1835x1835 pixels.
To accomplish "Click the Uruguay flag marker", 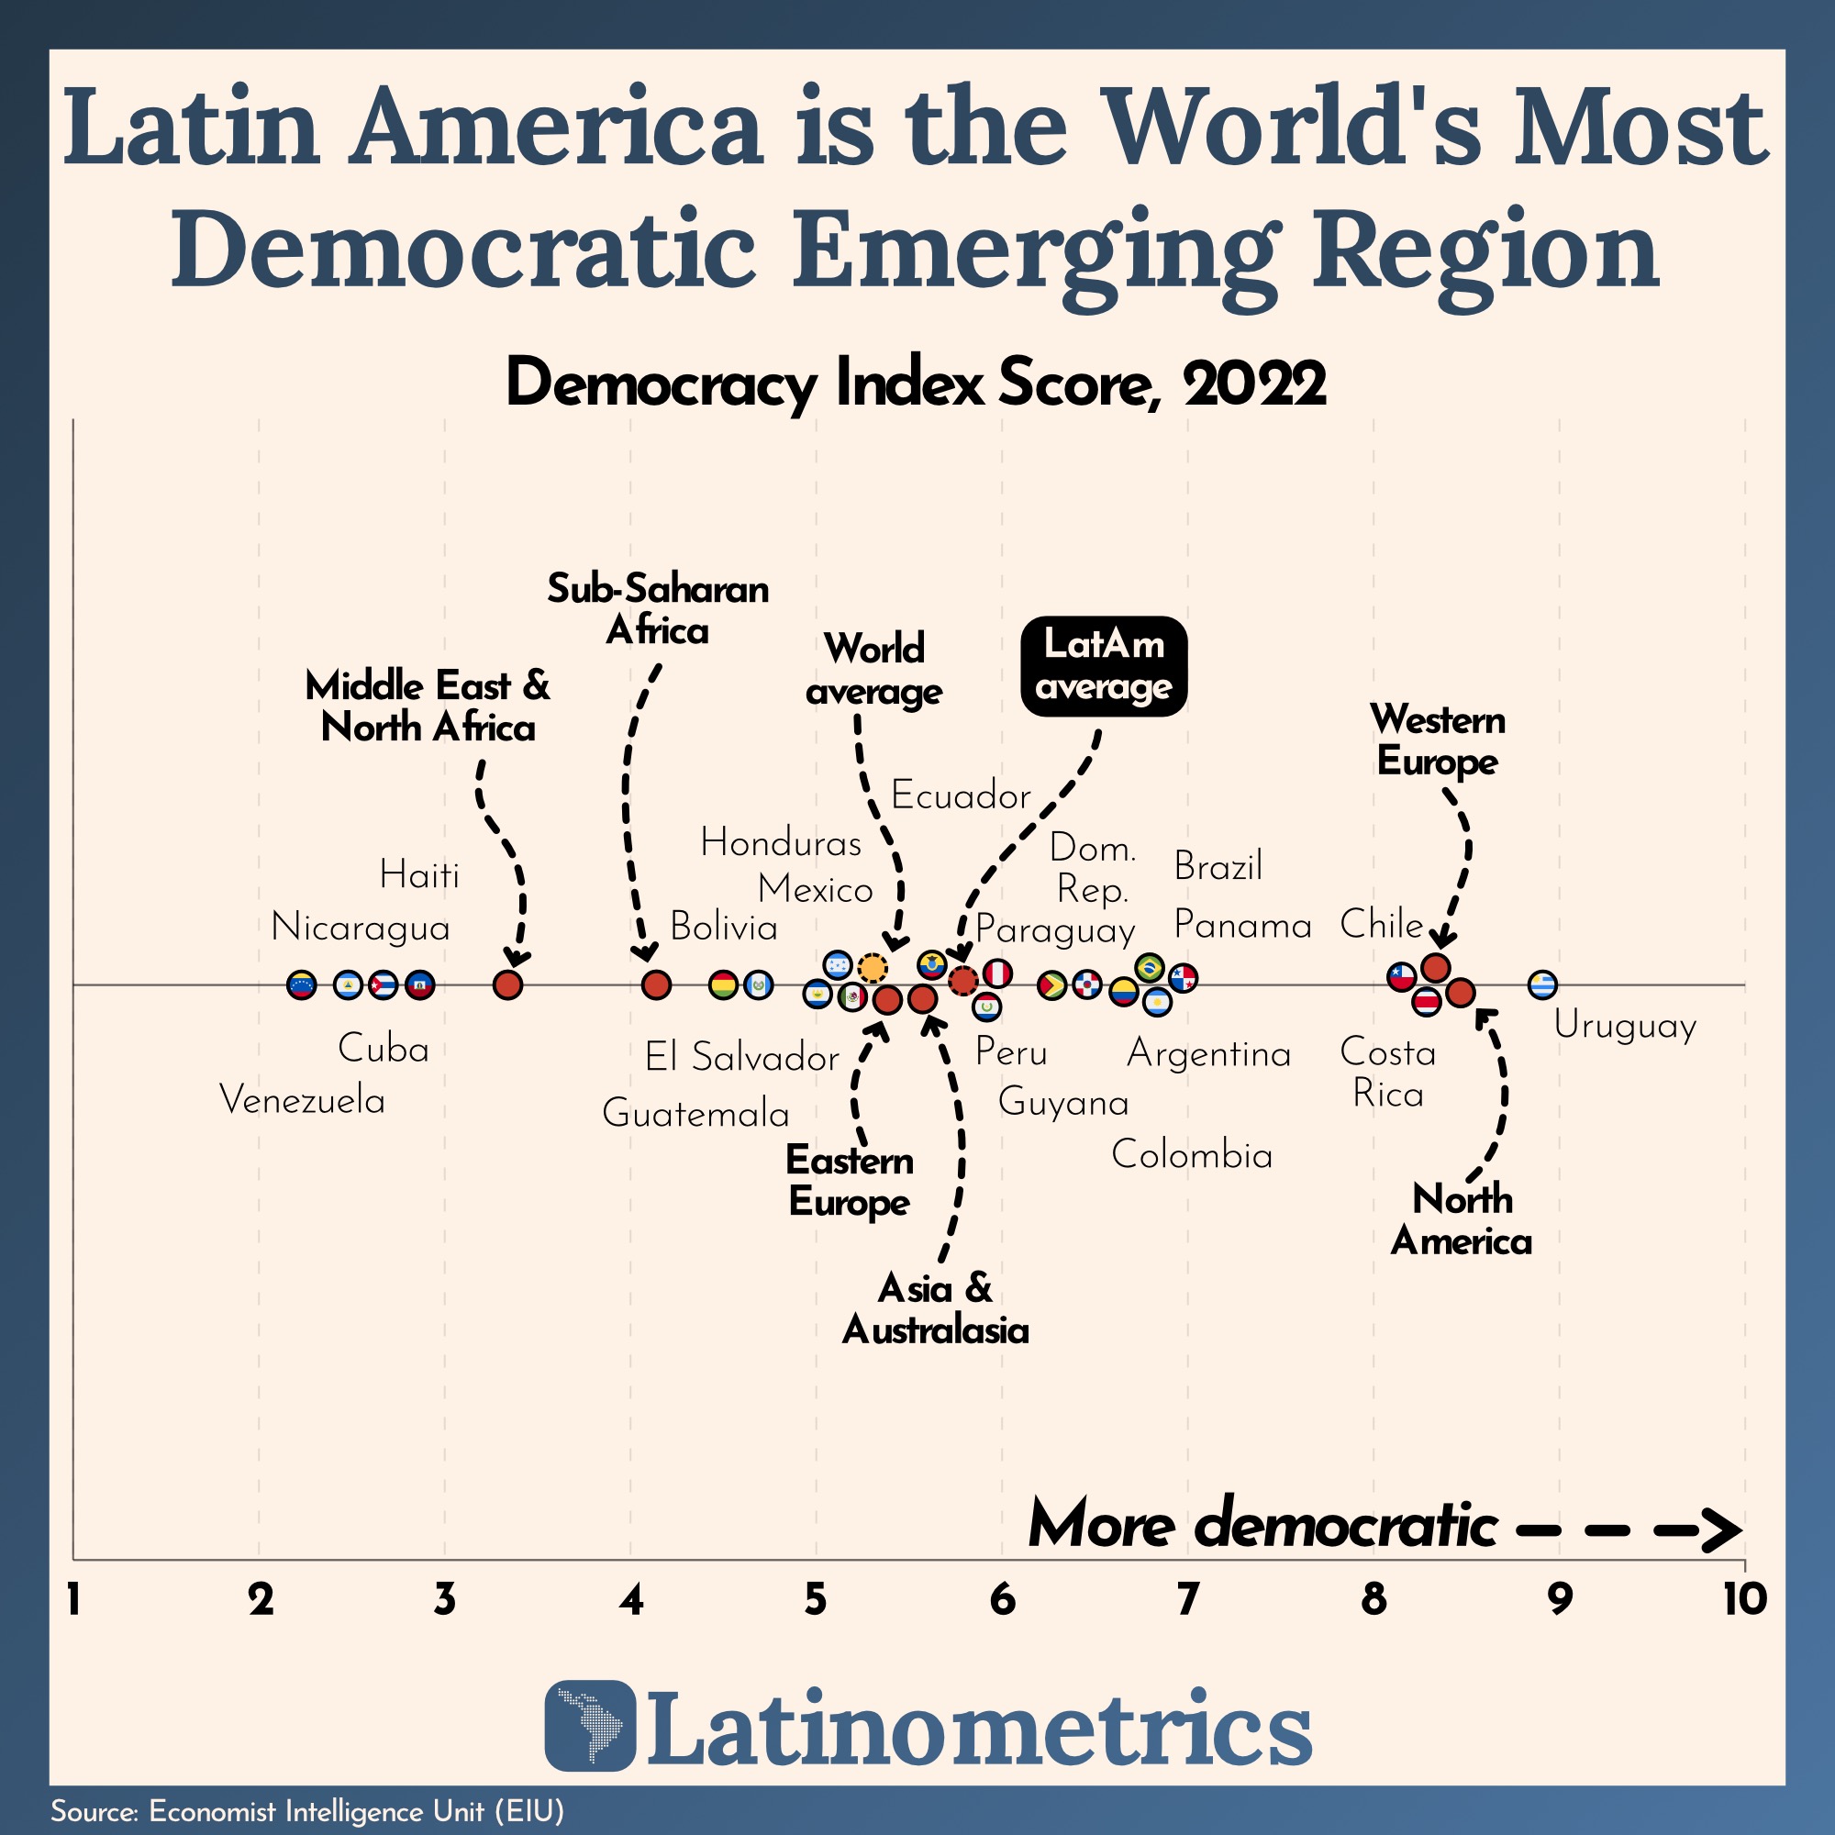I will pos(1541,984).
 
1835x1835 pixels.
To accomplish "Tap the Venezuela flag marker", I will pos(301,984).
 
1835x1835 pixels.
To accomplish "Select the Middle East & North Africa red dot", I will pos(508,984).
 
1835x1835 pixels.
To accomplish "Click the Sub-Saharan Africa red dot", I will pos(656,984).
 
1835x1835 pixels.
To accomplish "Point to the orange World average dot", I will pos(872,968).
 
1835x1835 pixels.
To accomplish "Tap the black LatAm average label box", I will pos(1104,666).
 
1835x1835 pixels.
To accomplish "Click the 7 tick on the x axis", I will pos(1187,1599).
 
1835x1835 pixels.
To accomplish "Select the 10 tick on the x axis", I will pos(1744,1599).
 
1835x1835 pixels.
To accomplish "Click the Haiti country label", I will pos(419,874).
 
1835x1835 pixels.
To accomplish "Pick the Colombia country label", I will pos(1191,1155).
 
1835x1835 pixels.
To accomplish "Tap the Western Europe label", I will pos(1437,740).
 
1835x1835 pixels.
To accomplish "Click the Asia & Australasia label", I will pos(936,1309).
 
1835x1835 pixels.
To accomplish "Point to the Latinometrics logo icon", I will pos(590,1725).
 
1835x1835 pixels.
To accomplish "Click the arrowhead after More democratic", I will pos(1724,1530).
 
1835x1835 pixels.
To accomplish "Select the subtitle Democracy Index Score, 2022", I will pos(916,384).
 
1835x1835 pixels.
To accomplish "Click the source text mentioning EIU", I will pos(306,1810).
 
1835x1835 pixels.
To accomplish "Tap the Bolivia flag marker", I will pos(724,984).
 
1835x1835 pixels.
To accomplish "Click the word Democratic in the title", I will pos(463,250).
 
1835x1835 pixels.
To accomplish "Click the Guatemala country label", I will pos(695,1113).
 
